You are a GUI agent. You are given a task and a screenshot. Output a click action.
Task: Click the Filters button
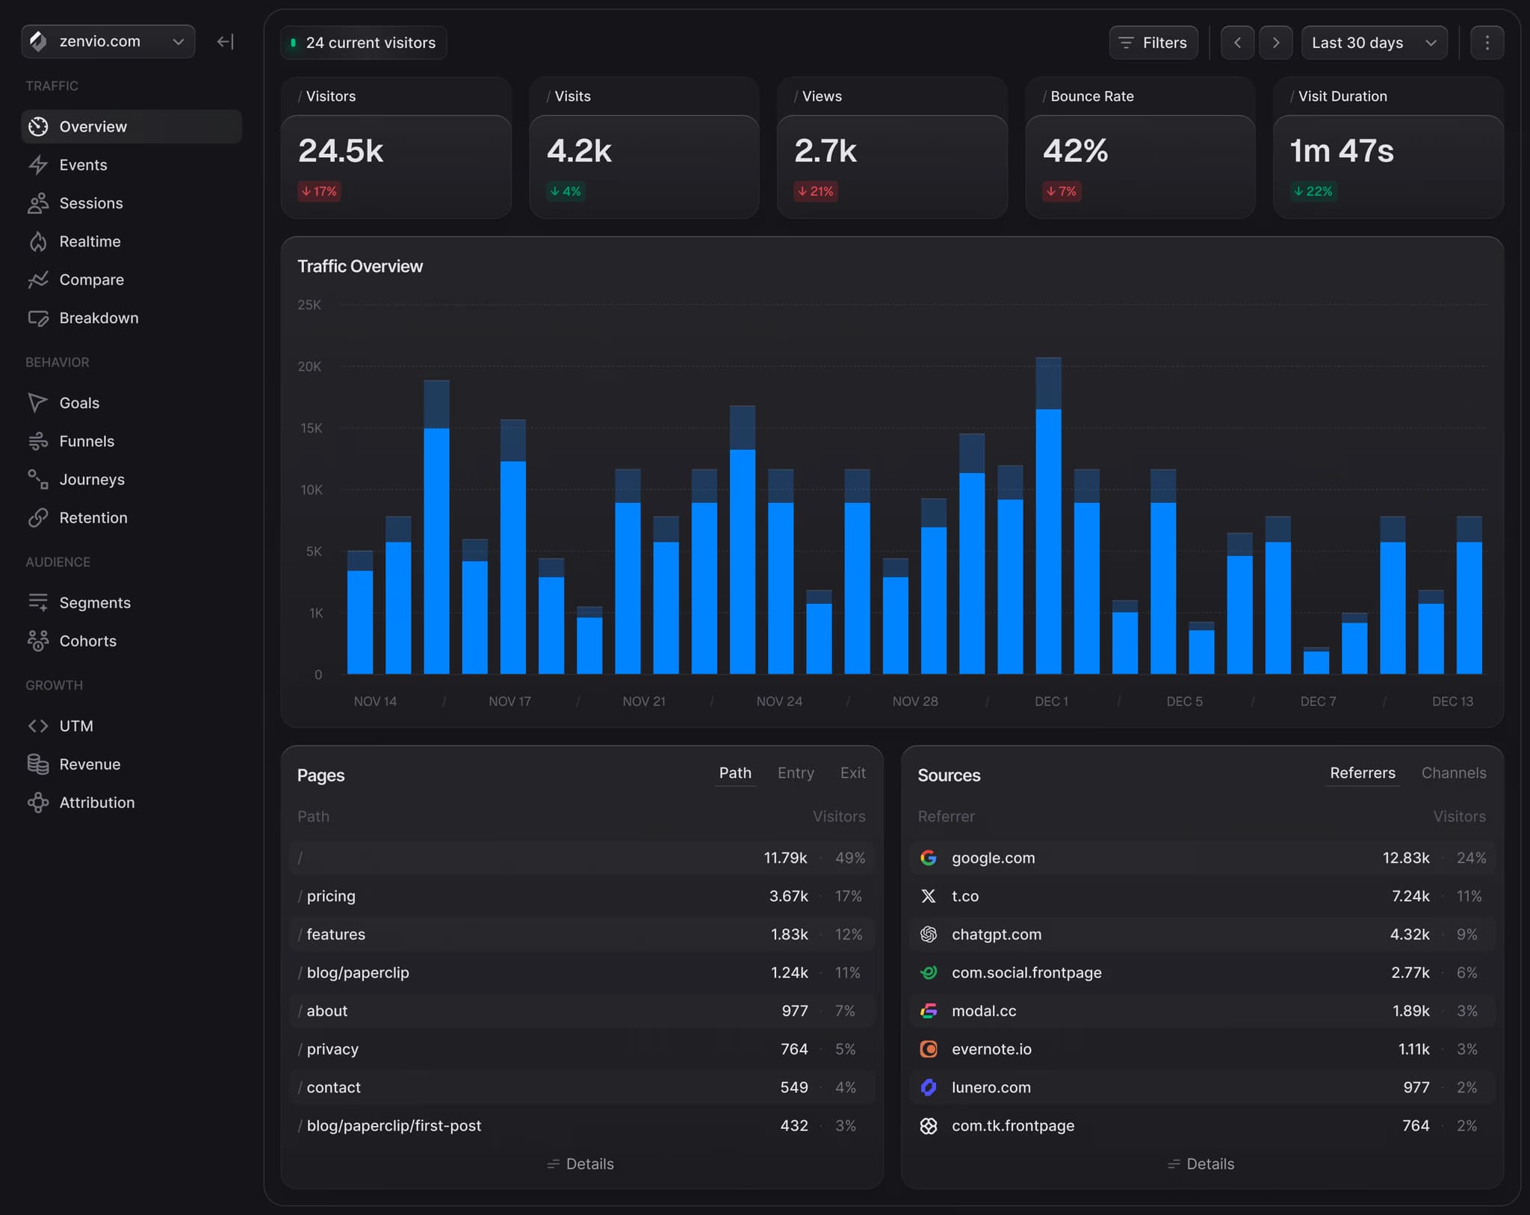[x=1153, y=43]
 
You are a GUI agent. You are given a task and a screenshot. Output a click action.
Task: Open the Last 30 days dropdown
[x=1374, y=43]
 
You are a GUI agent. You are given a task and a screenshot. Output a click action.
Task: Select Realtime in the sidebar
[x=90, y=241]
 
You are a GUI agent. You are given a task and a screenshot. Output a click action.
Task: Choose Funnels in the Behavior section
[x=87, y=441]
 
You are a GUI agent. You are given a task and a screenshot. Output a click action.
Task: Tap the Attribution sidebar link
[x=97, y=803]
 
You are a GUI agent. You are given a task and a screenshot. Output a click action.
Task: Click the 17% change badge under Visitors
[x=319, y=191]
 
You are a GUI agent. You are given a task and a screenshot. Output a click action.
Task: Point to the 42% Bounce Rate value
[x=1075, y=151]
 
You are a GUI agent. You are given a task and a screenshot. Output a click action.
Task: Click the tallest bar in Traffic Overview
[x=1048, y=516]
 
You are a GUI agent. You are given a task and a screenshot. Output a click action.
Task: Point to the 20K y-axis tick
[x=309, y=366]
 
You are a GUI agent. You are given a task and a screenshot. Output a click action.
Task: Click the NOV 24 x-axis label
[x=779, y=701]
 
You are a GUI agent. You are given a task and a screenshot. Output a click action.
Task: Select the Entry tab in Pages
[x=796, y=773]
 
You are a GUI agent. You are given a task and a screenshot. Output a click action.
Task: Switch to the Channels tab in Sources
[x=1453, y=773]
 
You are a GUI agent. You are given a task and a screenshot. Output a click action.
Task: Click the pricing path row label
[x=331, y=896]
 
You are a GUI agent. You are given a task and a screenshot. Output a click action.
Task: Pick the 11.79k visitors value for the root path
[x=785, y=858]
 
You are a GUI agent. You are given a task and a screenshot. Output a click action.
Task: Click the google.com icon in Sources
[x=929, y=858]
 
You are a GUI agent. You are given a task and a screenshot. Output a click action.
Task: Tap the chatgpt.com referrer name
[x=996, y=934]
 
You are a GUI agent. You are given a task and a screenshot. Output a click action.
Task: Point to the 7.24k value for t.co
[x=1410, y=896]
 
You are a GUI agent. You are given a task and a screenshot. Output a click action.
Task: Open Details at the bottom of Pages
[x=580, y=1163]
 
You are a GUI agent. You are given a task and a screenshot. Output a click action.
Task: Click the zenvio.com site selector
[x=108, y=41]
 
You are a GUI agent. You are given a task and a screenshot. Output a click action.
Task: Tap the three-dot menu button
[x=1487, y=43]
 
